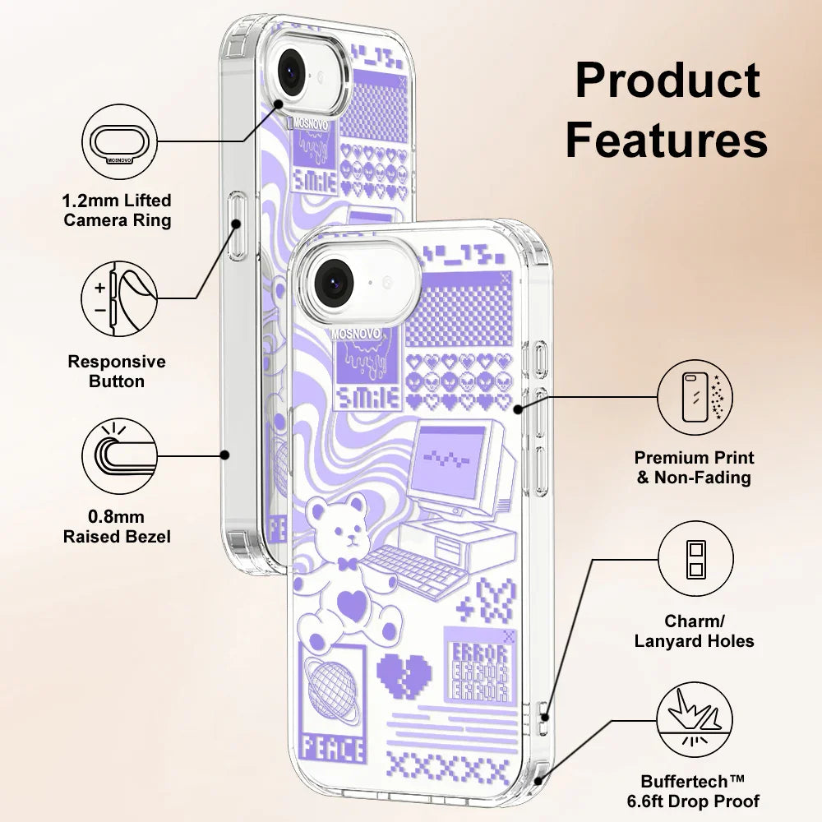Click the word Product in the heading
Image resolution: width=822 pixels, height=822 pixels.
click(667, 81)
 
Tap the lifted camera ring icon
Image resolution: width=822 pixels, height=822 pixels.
click(119, 141)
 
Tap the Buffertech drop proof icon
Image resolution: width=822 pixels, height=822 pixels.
click(695, 721)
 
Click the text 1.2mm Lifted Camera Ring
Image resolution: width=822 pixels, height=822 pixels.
click(118, 210)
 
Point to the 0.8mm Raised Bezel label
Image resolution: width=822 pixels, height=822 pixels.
click(118, 527)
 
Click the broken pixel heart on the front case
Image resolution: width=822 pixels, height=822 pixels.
click(404, 674)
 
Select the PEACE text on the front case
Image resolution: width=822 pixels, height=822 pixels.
click(332, 750)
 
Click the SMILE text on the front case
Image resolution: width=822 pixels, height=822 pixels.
click(367, 399)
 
